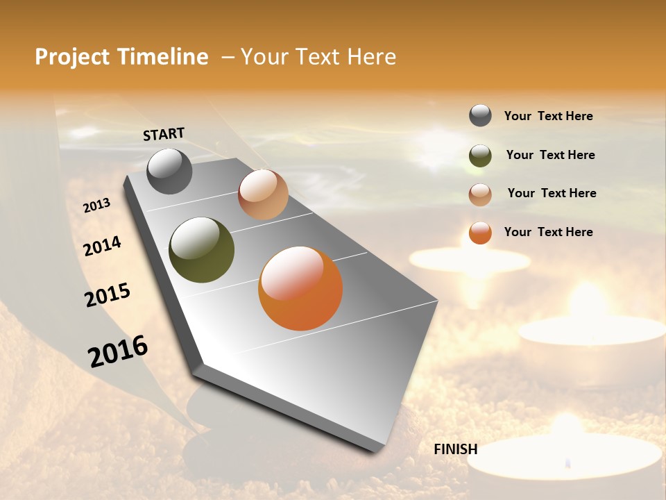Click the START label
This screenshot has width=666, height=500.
tap(164, 134)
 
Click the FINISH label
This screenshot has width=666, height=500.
tap(455, 449)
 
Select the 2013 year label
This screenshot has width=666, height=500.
tap(96, 206)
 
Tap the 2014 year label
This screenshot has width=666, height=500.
tap(102, 246)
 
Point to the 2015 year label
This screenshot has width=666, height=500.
tap(107, 294)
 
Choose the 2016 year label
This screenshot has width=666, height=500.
tap(118, 351)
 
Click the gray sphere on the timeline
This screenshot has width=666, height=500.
tap(169, 171)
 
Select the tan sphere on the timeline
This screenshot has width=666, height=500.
tap(263, 194)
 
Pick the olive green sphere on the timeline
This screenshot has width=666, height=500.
tap(201, 250)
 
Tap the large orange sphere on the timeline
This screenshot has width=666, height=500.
tap(300, 288)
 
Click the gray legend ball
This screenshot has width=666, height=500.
tap(480, 115)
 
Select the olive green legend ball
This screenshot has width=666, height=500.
tap(480, 156)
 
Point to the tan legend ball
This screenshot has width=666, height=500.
tap(480, 194)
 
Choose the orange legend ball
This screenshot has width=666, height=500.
tap(480, 233)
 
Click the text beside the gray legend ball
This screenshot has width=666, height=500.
tap(548, 116)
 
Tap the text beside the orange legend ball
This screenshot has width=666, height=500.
tap(548, 232)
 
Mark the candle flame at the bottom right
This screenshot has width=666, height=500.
tap(568, 461)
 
